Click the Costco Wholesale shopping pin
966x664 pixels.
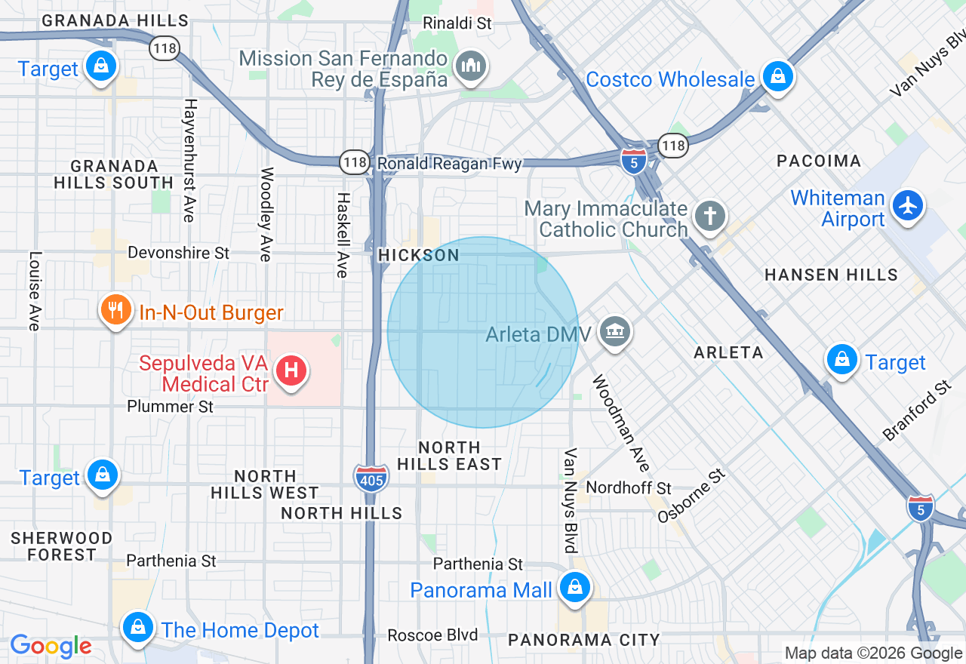pos(776,76)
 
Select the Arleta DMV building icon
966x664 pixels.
pos(616,331)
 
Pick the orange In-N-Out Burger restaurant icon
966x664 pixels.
pos(115,310)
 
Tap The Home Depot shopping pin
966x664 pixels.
pos(137,626)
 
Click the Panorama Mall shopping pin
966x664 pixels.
pos(575,586)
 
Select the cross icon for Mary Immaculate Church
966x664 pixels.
pos(709,217)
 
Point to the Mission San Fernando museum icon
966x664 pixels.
pos(472,66)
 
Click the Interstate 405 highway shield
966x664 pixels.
pos(371,478)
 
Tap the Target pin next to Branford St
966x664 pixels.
pos(841,360)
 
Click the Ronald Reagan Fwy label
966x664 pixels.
pos(450,164)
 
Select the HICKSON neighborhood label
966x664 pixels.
pos(419,256)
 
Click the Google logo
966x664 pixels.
pos(51,647)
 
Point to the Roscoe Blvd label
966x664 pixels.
pos(432,635)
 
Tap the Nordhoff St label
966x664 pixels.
pos(629,488)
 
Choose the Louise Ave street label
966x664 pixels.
pos(34,290)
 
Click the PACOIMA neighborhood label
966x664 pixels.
pos(819,161)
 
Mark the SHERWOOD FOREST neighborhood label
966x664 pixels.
pos(62,546)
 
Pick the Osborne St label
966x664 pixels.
pos(691,496)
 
